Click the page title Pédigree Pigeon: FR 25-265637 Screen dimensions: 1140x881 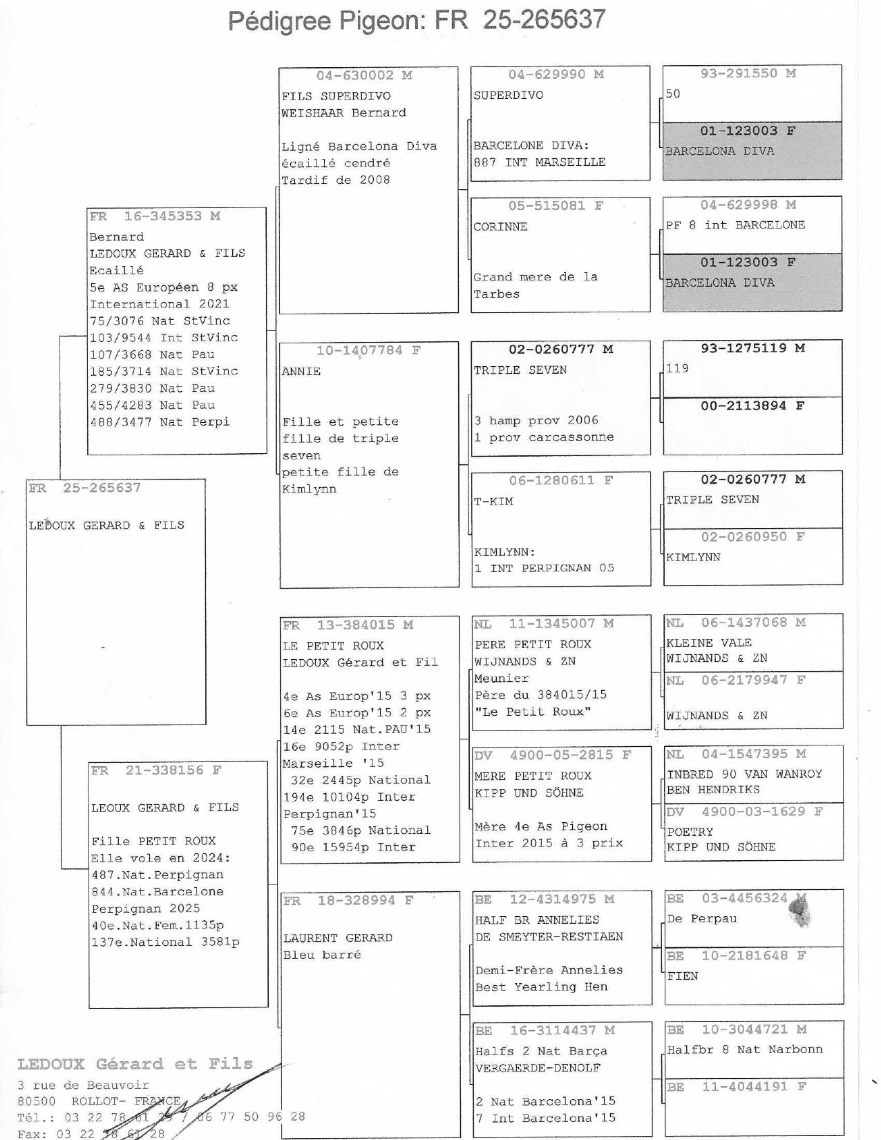(x=417, y=21)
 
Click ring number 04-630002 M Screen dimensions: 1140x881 (x=363, y=75)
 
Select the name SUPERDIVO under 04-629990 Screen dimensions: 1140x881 (x=508, y=95)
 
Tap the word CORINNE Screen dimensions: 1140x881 (x=500, y=227)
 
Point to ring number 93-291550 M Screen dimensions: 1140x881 (x=748, y=73)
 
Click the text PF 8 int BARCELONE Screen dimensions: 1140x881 (x=735, y=225)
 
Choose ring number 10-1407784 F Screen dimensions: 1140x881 (x=368, y=350)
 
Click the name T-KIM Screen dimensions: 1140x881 (x=493, y=501)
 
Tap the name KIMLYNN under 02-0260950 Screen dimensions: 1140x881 (x=693, y=557)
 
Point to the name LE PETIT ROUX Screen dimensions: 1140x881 (x=333, y=645)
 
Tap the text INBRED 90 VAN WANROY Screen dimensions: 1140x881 (x=744, y=774)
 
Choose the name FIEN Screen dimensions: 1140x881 (x=682, y=976)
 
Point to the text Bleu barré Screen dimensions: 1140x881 (x=322, y=955)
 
